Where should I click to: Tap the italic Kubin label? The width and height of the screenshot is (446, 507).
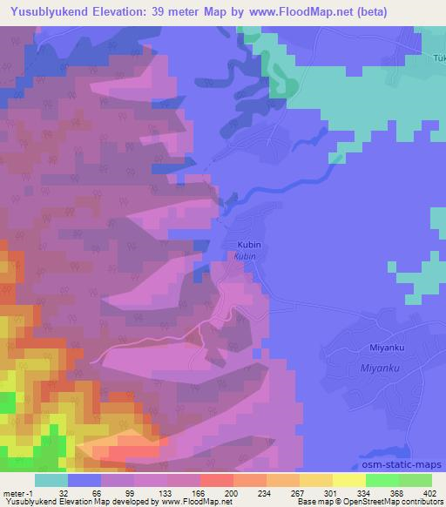(x=245, y=257)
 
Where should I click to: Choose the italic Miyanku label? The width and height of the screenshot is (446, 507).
(x=380, y=369)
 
